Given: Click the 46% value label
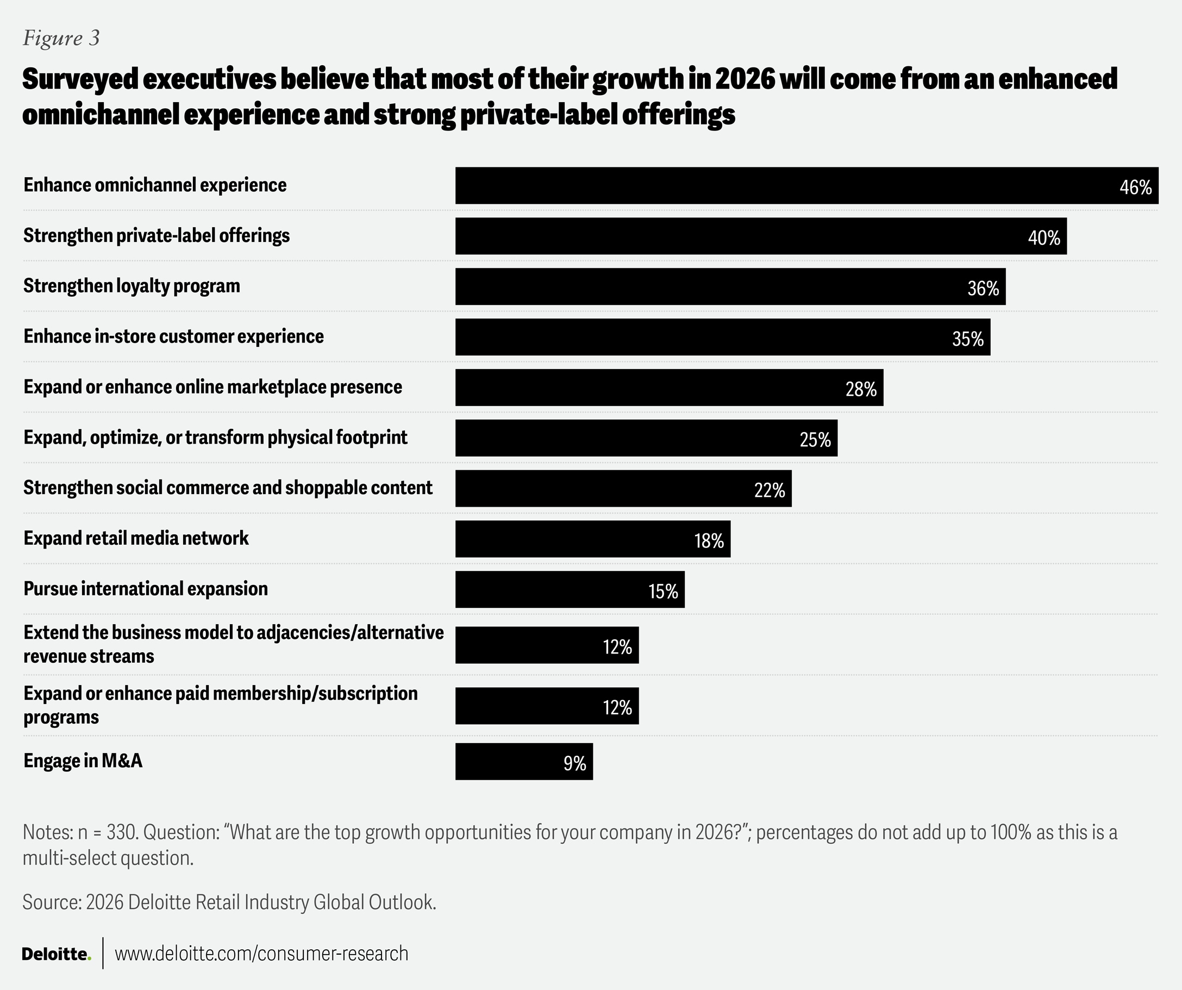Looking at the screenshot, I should point(1135,187).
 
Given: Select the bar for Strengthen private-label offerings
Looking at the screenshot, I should point(760,236).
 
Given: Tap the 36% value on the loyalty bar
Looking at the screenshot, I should point(983,288).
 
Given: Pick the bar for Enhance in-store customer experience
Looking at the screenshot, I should point(722,337).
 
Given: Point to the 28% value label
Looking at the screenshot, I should point(861,389).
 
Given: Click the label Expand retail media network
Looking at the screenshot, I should point(136,538).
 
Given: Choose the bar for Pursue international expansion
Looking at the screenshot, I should point(570,589).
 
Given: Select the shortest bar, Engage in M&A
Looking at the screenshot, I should point(523,761).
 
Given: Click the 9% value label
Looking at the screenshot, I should point(574,764).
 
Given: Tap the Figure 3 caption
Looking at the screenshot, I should point(61,38).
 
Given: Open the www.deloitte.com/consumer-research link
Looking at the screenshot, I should point(261,954).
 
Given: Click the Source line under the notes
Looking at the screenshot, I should point(229,902).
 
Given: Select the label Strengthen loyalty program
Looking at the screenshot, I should point(132,286).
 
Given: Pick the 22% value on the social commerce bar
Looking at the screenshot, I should point(769,490).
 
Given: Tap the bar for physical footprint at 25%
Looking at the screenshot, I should point(646,438).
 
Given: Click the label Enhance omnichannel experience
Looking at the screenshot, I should point(155,185).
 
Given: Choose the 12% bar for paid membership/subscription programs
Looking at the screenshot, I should point(547,706).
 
